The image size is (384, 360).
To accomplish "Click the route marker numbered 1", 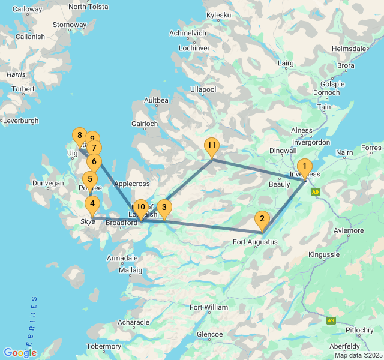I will tap(305, 167).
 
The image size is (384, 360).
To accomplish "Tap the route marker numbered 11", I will tap(211, 146).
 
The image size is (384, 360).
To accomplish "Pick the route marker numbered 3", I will tap(164, 208).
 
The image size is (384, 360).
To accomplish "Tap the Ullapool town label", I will tap(203, 89).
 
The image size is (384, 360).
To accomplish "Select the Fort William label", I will tap(209, 307).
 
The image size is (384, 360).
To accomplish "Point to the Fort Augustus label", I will tap(255, 242).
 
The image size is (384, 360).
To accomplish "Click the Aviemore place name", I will tap(349, 230).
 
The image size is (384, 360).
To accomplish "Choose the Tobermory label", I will tap(104, 346).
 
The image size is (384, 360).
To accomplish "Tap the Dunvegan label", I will tap(48, 183).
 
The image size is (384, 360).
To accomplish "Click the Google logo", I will tap(20, 353).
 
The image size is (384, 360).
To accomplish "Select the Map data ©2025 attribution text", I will tap(358, 355).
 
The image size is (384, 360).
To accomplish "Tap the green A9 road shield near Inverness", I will tap(316, 192).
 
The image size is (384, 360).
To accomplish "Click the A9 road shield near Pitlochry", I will tap(331, 320).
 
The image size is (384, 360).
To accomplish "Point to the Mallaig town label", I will tap(131, 270).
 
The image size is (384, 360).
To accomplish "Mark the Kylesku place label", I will tap(218, 14).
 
